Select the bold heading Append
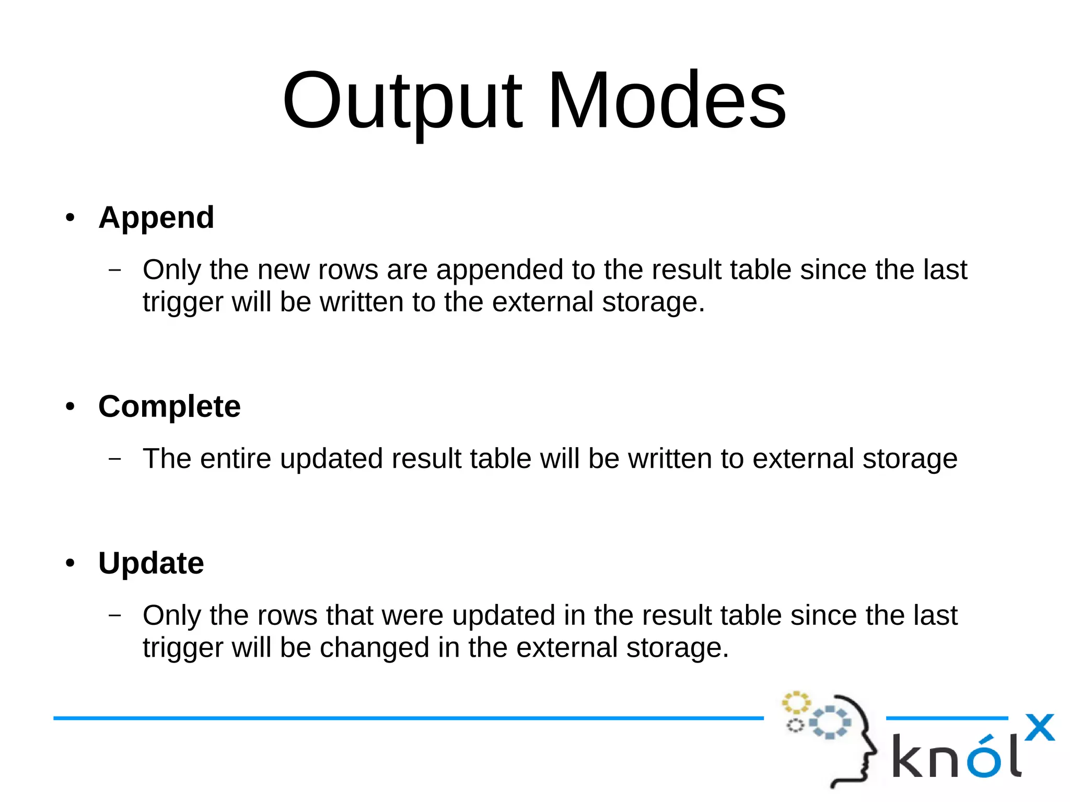[156, 217]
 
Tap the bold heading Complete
[169, 406]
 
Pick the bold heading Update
[151, 563]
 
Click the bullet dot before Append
[71, 217]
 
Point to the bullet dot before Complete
[71, 406]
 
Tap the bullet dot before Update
[71, 563]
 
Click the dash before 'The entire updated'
[115, 459]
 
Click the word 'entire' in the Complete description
[235, 459]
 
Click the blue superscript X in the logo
[1039, 727]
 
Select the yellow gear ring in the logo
[796, 703]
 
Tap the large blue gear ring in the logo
[830, 723]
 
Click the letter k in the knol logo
[909, 756]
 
